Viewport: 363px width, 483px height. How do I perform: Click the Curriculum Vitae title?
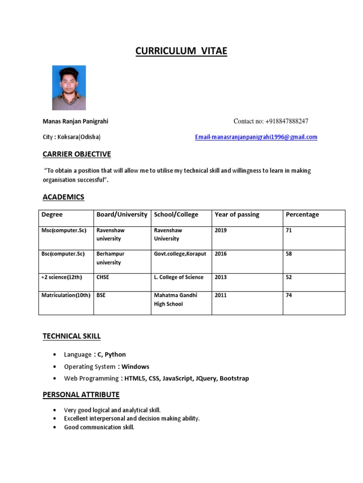tap(181, 51)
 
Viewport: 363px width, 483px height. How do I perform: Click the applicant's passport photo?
tap(69, 88)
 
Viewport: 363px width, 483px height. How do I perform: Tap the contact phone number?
tap(271, 121)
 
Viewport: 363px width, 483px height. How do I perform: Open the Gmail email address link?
tap(256, 137)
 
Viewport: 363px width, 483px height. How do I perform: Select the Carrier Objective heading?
tap(77, 154)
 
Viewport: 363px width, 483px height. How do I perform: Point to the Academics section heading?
tap(63, 197)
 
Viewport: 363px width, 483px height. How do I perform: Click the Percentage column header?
tap(302, 215)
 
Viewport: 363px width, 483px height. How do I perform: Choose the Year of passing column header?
tap(237, 215)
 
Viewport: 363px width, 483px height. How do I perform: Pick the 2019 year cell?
tap(221, 231)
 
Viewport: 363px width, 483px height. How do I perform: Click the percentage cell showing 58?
tap(289, 254)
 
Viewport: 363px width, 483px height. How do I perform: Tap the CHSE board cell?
tap(103, 277)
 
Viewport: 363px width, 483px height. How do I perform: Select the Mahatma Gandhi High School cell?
tap(175, 300)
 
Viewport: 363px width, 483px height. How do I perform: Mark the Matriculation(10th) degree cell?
tap(66, 295)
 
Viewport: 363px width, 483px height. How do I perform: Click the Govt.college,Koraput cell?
tap(180, 254)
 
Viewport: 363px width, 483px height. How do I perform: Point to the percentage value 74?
tap(289, 295)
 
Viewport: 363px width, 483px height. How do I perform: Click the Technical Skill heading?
tap(71, 336)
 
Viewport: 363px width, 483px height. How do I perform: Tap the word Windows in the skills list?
tap(136, 366)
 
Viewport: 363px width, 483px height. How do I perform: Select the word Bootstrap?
tap(234, 378)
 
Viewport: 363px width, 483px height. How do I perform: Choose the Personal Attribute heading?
tap(81, 394)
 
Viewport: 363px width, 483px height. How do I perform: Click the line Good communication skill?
tap(99, 427)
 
